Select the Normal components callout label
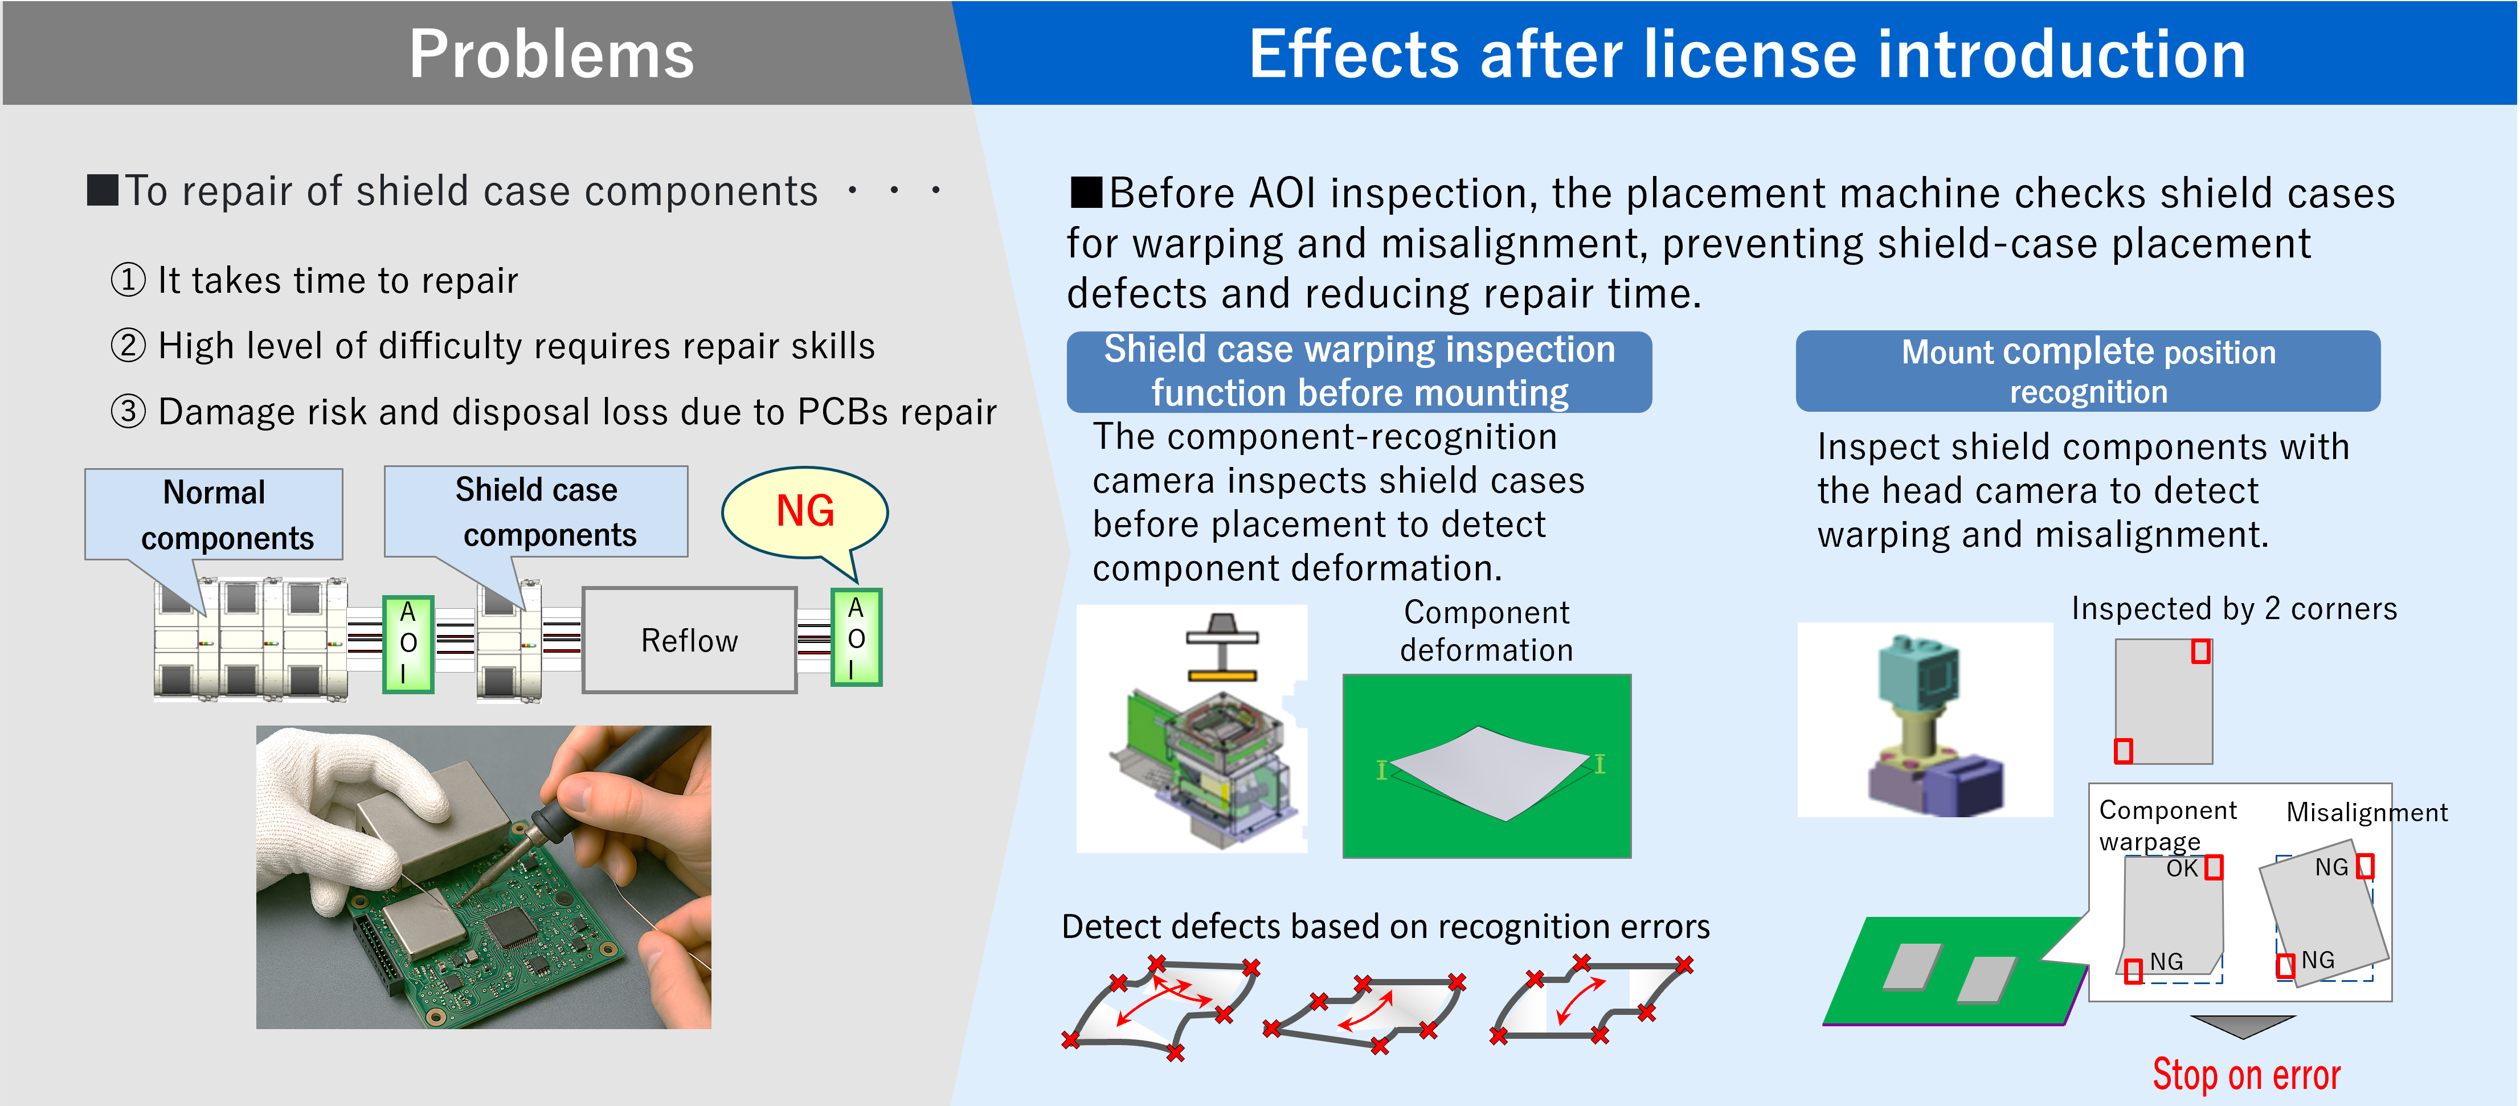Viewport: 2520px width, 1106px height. (214, 514)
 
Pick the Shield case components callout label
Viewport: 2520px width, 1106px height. (536, 511)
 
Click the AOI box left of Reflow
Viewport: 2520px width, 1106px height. (408, 644)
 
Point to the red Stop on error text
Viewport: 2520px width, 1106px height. (2246, 1074)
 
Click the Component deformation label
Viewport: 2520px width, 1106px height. (1486, 631)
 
